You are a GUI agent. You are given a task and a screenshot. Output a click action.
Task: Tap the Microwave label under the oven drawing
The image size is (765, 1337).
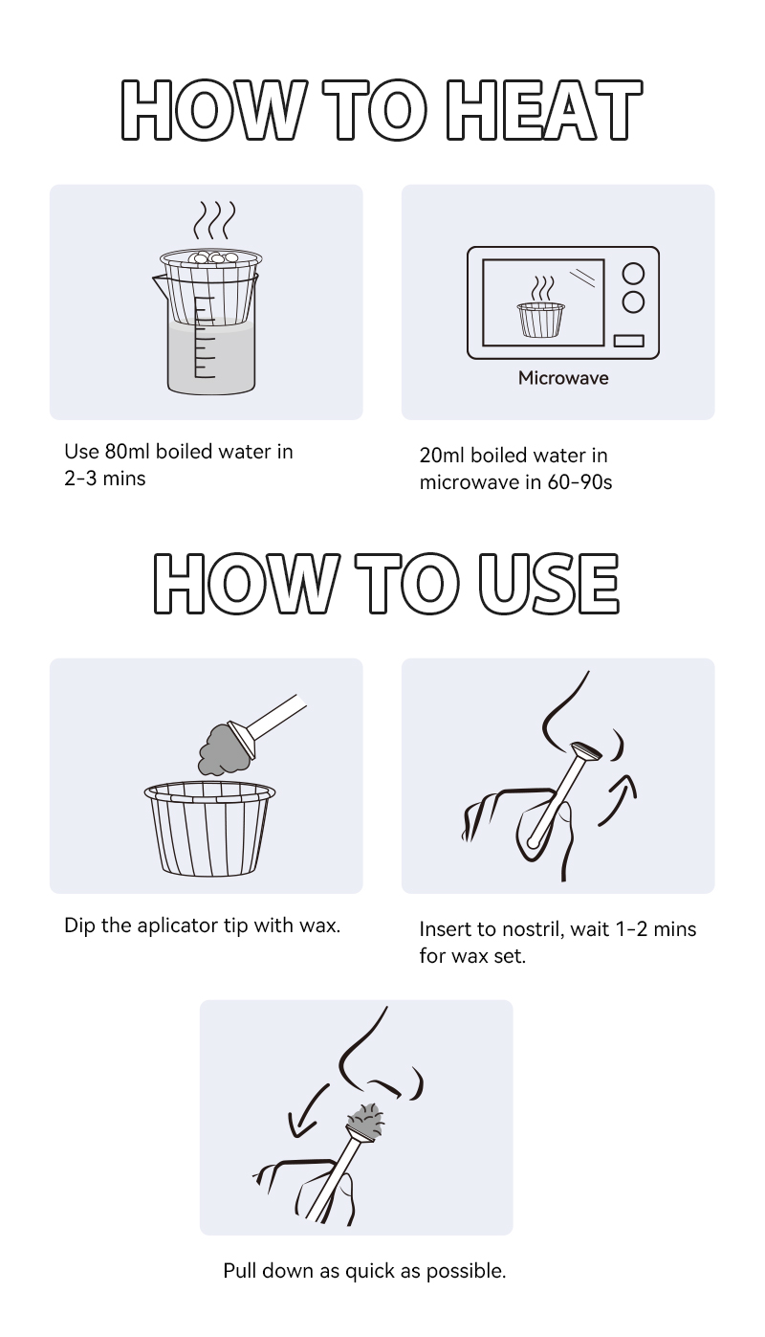[x=563, y=378]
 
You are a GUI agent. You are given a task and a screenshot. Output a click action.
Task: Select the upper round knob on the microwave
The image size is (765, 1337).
[x=633, y=274]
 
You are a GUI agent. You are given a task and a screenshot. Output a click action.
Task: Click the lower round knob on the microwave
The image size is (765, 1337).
[x=633, y=302]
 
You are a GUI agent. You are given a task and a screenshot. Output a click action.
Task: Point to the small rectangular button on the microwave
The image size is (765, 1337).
[x=629, y=341]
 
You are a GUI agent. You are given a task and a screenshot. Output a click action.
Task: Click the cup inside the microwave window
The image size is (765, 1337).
[x=541, y=320]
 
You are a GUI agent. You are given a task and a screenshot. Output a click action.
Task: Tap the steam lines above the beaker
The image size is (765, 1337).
[x=214, y=220]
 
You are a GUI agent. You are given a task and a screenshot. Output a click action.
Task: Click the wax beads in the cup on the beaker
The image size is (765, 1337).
[x=211, y=257]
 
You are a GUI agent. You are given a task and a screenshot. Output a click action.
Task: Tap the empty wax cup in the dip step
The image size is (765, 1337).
[x=209, y=829]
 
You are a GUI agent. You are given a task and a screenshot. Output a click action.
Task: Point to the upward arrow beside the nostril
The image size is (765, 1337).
[x=619, y=798]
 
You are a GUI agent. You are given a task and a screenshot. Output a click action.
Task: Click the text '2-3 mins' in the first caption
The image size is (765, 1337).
[x=105, y=479]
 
